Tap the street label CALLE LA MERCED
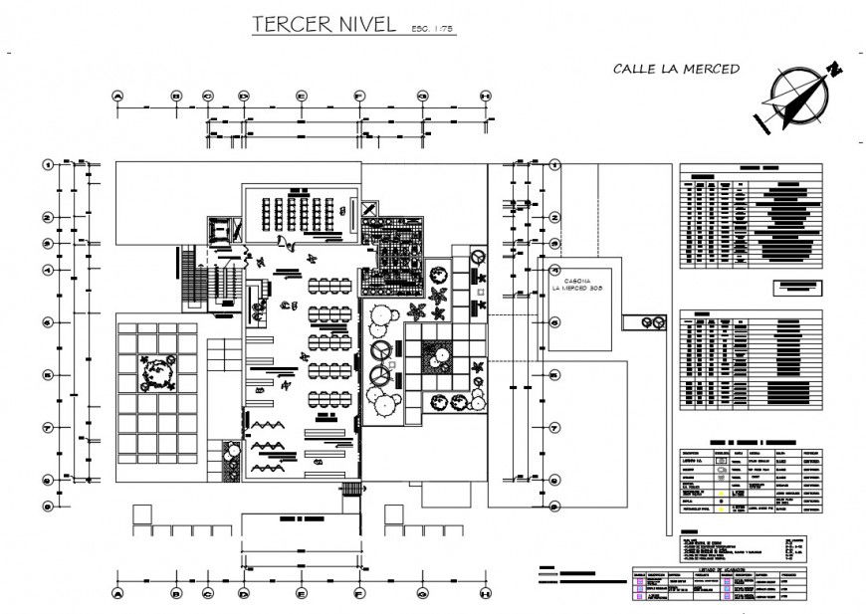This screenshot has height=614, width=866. click(676, 69)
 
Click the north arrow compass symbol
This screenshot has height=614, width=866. click(796, 98)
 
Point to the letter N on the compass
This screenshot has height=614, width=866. click(833, 68)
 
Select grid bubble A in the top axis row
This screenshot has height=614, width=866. click(117, 97)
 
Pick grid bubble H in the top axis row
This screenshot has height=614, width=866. click(485, 97)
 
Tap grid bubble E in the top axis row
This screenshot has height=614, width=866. click(300, 97)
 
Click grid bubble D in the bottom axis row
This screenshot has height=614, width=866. click(243, 594)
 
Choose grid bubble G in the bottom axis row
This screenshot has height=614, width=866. click(422, 594)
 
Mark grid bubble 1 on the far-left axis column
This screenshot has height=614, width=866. click(47, 164)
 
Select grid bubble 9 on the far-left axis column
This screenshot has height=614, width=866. click(47, 506)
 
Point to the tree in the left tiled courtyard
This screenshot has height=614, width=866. click(156, 373)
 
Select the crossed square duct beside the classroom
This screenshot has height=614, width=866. click(369, 209)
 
